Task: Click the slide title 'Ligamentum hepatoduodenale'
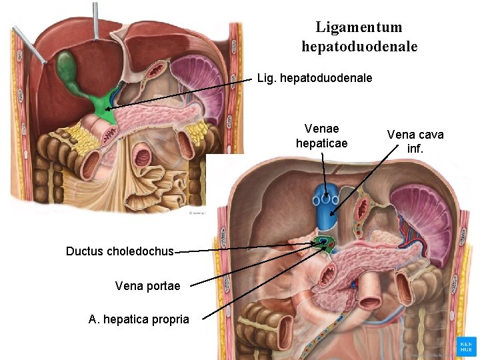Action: pyautogui.click(x=359, y=37)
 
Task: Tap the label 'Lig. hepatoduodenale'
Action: pyautogui.click(x=315, y=78)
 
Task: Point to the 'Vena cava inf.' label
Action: pyautogui.click(x=415, y=141)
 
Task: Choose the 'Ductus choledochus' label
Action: pyautogui.click(x=119, y=251)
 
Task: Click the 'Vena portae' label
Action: pyautogui.click(x=147, y=286)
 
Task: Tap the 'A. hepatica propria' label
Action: pyautogui.click(x=139, y=319)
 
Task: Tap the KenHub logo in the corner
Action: pyautogui.click(x=466, y=346)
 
